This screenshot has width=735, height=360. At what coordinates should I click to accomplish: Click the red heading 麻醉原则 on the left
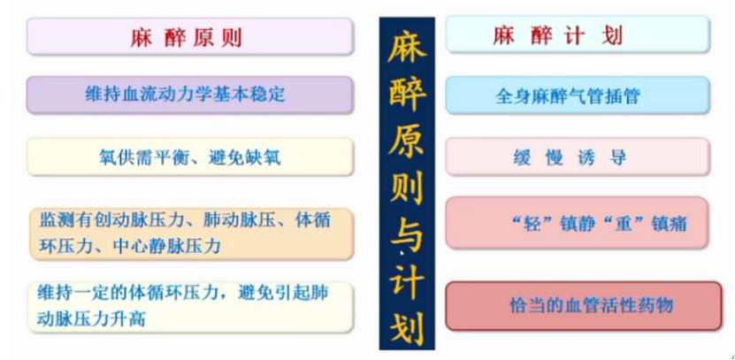click(x=186, y=36)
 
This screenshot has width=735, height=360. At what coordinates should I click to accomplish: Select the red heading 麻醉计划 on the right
click(x=558, y=35)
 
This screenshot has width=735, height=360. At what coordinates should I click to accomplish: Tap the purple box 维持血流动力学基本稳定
click(x=189, y=95)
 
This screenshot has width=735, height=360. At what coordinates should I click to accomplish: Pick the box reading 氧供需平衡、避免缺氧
click(x=190, y=157)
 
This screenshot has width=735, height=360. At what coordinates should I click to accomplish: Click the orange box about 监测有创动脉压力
click(x=191, y=234)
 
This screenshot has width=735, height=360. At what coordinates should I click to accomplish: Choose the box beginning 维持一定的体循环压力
click(x=190, y=307)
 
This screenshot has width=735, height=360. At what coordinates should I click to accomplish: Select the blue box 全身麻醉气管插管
click(x=578, y=96)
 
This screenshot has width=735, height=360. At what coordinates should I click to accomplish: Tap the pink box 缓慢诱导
click(x=578, y=157)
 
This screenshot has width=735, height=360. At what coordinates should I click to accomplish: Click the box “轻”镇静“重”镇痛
click(x=577, y=222)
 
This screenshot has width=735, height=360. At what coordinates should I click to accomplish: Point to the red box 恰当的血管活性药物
click(x=584, y=306)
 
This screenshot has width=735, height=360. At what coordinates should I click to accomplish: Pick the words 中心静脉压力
click(x=166, y=246)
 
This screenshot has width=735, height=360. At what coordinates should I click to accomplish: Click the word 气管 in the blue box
click(x=586, y=96)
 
